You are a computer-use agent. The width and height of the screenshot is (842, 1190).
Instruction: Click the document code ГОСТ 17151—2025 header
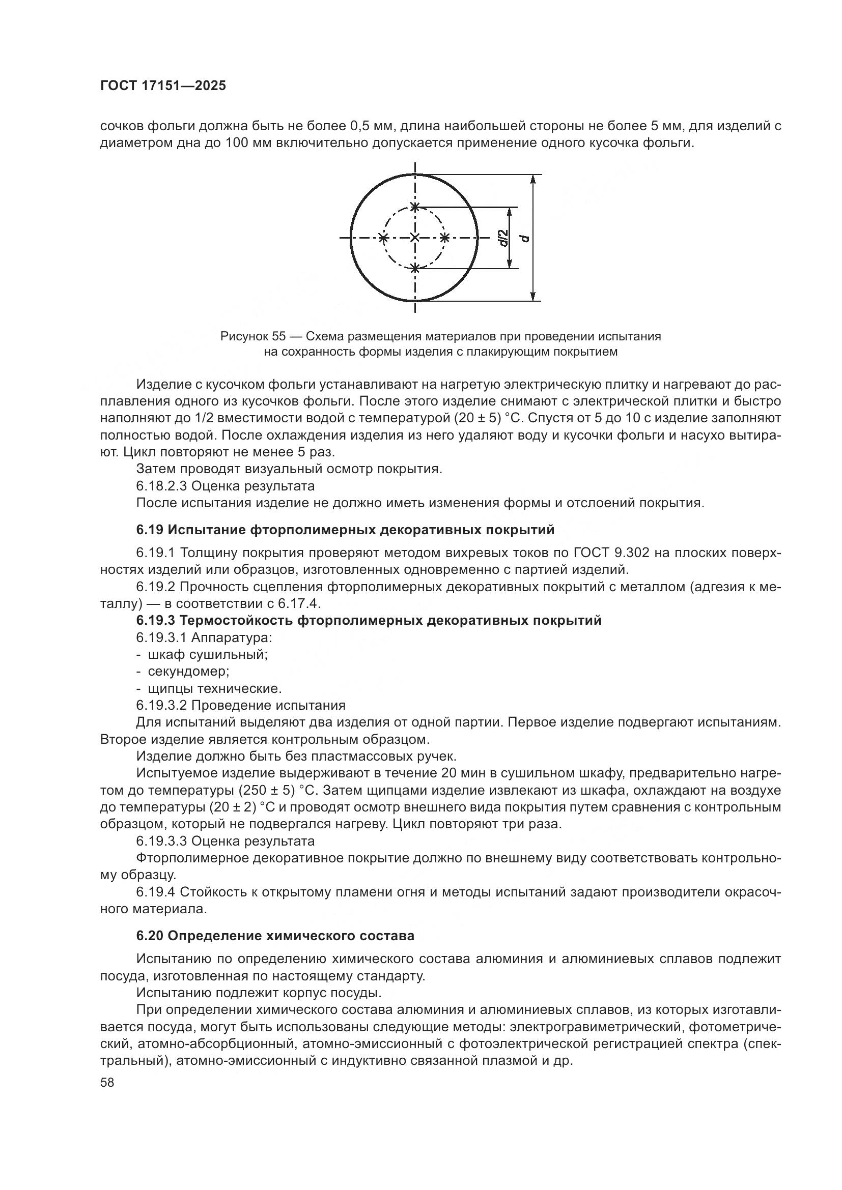pos(163,86)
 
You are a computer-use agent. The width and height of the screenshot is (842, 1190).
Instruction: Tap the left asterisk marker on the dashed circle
pos(383,238)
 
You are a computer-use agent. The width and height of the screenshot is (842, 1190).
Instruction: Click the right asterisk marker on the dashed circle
pos(445,238)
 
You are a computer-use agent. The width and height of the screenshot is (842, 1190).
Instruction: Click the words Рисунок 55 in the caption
pos(253,336)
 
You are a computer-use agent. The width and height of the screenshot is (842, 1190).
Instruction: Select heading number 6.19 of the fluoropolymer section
pos(150,530)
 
